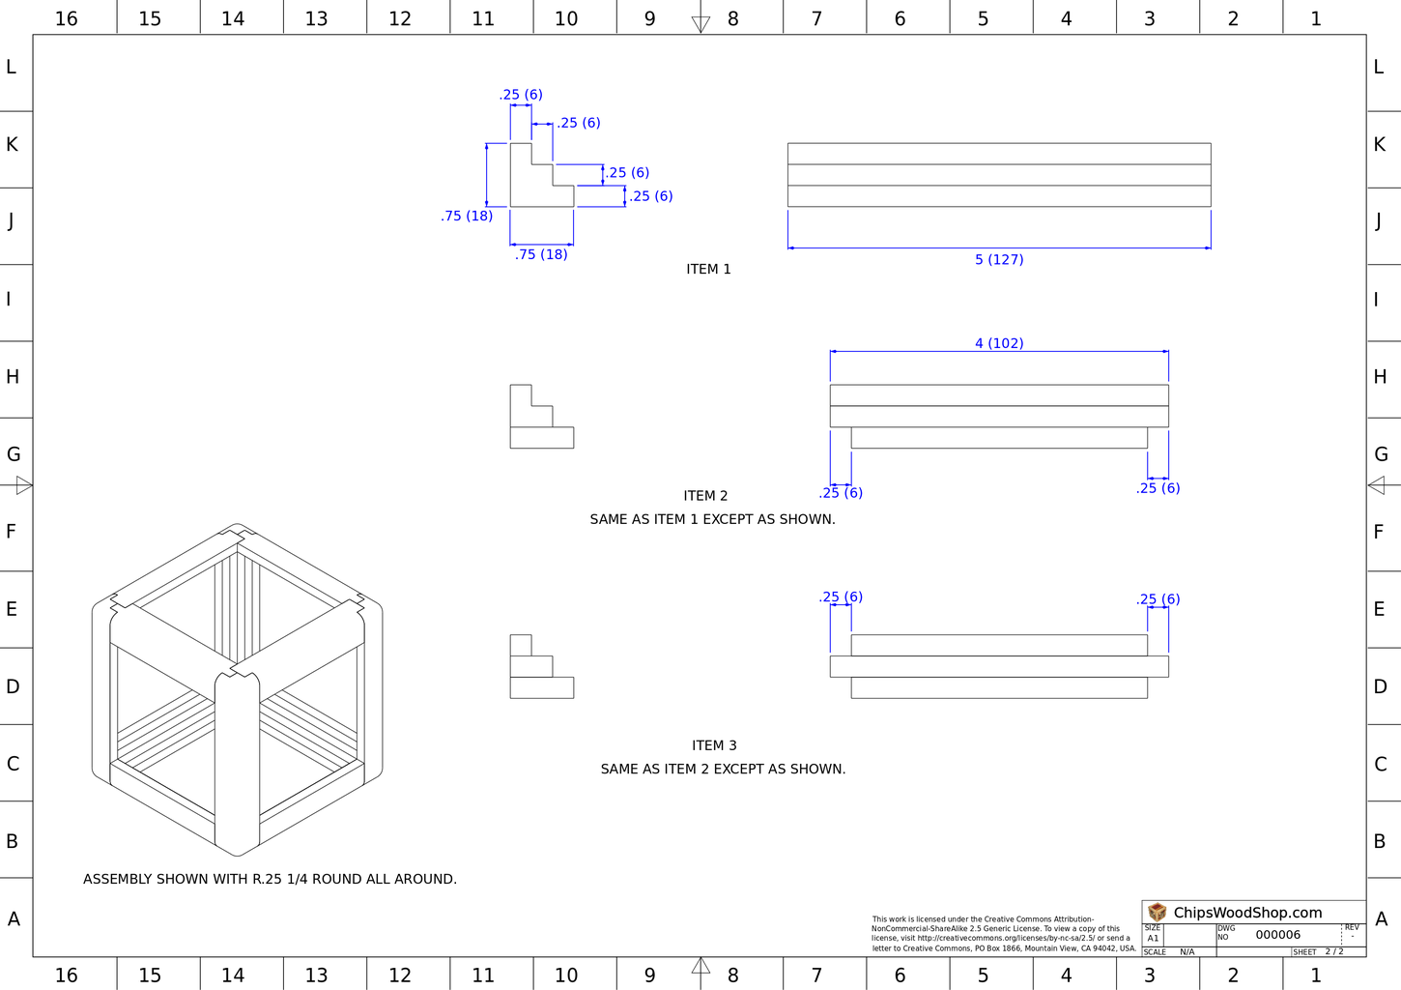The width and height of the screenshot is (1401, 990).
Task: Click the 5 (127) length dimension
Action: tap(999, 259)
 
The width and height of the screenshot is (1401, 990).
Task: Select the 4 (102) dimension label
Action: tap(999, 343)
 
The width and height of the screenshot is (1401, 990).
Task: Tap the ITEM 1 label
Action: tap(708, 269)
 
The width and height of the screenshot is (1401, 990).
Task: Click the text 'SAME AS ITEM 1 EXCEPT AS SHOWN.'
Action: tap(712, 519)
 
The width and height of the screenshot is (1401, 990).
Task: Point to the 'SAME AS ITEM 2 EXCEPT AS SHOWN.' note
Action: tap(723, 770)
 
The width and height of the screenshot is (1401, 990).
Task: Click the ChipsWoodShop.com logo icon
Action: tap(1158, 912)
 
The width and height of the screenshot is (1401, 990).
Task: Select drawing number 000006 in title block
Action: tap(1277, 935)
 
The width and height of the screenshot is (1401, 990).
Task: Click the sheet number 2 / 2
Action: tap(1334, 952)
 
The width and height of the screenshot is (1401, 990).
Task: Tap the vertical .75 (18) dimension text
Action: tap(467, 216)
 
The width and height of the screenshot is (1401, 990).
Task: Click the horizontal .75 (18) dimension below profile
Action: tap(541, 254)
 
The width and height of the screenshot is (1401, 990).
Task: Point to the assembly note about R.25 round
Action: tap(270, 879)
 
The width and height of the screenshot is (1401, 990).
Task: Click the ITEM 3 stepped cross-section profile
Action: tap(542, 666)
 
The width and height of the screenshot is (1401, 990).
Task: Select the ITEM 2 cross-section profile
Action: tap(542, 417)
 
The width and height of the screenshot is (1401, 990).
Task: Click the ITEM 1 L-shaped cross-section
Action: tap(542, 175)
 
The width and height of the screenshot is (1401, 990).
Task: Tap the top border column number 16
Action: tap(67, 18)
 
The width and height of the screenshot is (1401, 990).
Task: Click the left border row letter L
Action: tap(12, 67)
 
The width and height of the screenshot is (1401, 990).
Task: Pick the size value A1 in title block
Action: tap(1153, 939)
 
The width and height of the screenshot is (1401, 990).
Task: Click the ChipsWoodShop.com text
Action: tap(1247, 913)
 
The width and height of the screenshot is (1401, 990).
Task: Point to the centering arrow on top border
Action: tap(700, 24)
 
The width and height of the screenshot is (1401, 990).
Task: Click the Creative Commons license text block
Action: tap(1003, 934)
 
